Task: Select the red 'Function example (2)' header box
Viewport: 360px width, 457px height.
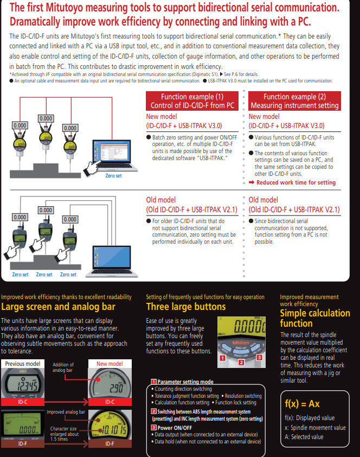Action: (294, 101)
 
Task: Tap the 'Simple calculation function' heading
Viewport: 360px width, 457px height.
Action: (314, 319)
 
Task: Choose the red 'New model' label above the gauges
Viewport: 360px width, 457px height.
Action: (109, 364)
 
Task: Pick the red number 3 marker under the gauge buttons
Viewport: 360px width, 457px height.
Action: (259, 358)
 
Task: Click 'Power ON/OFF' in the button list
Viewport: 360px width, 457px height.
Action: (176, 428)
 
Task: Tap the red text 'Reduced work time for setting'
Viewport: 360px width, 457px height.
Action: (296, 183)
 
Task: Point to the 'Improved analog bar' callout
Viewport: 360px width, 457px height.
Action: (65, 412)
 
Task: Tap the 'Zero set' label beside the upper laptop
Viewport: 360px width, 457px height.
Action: (113, 176)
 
